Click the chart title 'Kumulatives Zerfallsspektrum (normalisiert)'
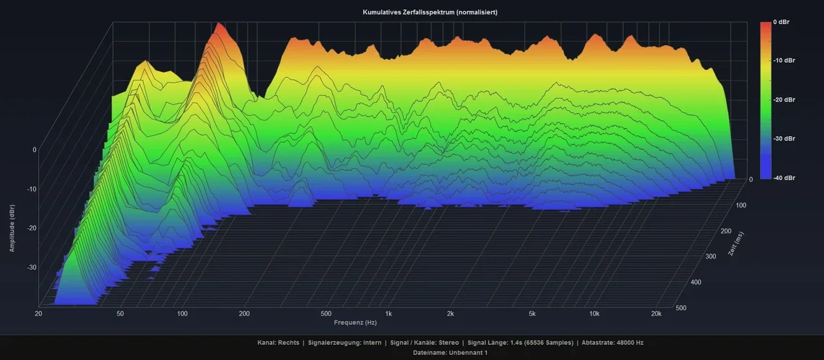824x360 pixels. tap(430, 12)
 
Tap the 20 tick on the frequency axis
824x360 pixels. tap(37, 314)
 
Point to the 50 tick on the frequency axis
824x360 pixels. tap(120, 314)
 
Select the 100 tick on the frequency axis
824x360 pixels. tap(182, 314)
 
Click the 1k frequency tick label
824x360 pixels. tap(389, 314)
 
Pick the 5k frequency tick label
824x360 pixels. tap(532, 314)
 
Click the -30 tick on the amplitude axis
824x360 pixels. tap(32, 267)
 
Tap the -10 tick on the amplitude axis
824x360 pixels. tap(32, 189)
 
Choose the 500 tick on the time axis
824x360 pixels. tap(681, 308)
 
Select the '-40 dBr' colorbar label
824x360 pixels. tap(784, 177)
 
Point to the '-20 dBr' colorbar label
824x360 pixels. tap(784, 99)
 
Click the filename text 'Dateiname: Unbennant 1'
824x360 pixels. tap(450, 353)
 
